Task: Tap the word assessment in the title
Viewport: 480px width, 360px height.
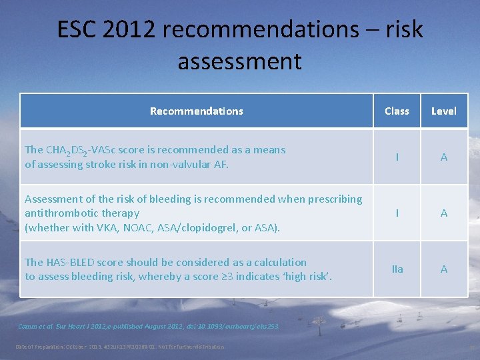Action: (239, 61)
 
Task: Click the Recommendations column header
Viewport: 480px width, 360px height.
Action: (197, 111)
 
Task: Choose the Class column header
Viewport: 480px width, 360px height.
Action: (397, 111)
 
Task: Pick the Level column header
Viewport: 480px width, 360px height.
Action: (444, 111)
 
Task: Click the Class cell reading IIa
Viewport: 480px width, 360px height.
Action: (397, 269)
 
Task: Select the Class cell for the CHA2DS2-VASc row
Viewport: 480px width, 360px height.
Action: (397, 157)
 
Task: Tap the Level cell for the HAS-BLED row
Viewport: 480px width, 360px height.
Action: (444, 269)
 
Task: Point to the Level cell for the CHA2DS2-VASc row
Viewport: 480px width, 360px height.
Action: (444, 157)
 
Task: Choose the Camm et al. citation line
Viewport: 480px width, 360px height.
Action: (149, 327)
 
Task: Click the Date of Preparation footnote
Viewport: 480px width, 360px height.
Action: (120, 347)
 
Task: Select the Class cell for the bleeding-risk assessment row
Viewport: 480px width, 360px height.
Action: (397, 213)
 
